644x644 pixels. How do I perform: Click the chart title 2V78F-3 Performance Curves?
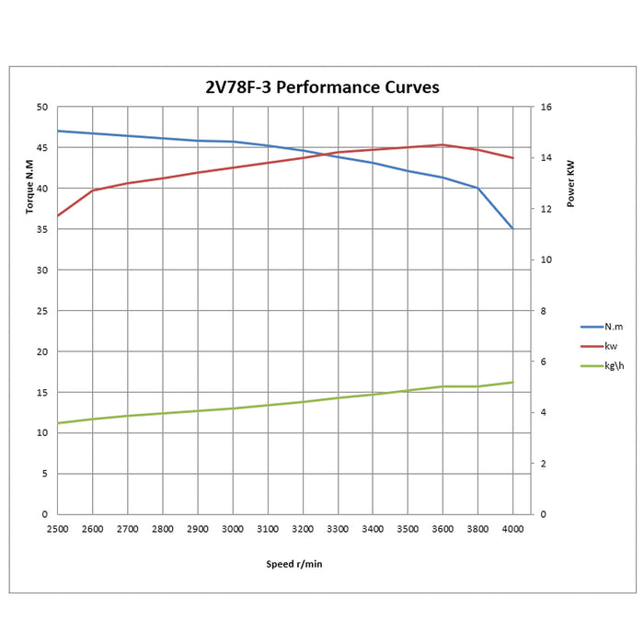pos(321,87)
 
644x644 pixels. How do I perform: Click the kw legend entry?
pos(611,346)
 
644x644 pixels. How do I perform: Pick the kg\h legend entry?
pos(614,365)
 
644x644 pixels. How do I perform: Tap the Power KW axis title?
pos(570,184)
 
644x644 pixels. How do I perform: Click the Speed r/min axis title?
pos(288,564)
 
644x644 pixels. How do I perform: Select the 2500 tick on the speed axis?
pos(58,529)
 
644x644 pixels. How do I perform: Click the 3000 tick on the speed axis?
pos(233,529)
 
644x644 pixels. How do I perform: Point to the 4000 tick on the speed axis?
pos(512,529)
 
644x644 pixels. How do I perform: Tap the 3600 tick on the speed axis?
pos(443,529)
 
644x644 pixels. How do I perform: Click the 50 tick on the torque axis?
pos(41,107)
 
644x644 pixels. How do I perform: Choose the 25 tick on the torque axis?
pos(41,311)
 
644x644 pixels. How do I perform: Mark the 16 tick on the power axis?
pos(546,107)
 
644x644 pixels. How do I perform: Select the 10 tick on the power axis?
pos(546,259)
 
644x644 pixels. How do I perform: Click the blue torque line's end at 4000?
pos(512,228)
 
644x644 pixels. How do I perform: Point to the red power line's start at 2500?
pos(58,215)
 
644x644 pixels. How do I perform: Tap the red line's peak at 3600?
pos(443,144)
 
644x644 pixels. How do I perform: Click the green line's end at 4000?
pos(512,382)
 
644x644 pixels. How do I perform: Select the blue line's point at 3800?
pos(477,188)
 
